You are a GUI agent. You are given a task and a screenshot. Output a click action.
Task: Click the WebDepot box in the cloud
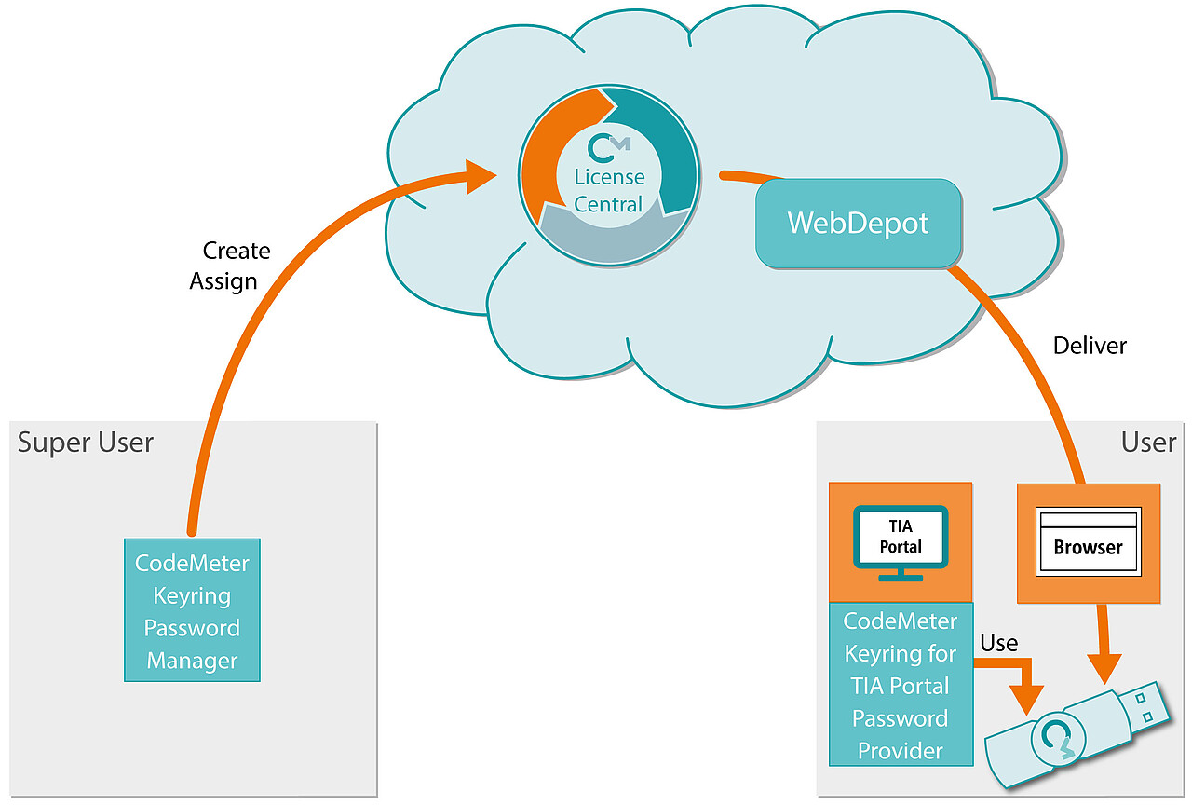tap(859, 223)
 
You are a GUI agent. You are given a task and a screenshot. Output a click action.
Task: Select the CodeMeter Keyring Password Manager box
tap(192, 610)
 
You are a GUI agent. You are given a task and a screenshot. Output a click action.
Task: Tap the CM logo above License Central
tap(608, 147)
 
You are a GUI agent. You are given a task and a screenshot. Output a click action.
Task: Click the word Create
tap(237, 251)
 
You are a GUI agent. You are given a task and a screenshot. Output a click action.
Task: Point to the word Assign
tap(223, 281)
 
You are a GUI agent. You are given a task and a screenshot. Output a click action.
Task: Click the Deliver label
tap(1090, 346)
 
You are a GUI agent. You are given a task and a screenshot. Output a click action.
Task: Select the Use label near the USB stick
tap(999, 643)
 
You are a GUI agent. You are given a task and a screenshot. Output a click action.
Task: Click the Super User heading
tap(85, 443)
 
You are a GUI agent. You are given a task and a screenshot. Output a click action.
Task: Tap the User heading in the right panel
tap(1148, 443)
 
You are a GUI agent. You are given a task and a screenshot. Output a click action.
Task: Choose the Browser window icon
tap(1089, 541)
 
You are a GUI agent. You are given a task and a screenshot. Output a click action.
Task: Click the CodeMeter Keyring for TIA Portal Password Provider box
tap(901, 685)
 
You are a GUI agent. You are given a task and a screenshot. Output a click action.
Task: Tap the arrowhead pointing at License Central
tap(480, 176)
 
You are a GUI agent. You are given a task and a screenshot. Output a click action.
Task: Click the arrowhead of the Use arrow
tap(1026, 700)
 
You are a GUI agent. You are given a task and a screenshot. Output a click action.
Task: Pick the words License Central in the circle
tap(609, 191)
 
